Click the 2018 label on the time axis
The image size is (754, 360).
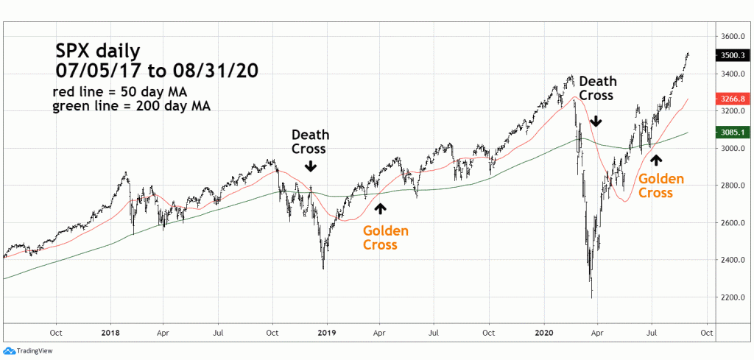(x=109, y=332)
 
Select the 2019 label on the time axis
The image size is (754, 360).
(x=326, y=332)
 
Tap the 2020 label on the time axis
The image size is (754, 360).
(x=543, y=332)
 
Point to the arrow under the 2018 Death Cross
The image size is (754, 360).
(x=311, y=167)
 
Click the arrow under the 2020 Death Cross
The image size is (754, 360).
(x=596, y=119)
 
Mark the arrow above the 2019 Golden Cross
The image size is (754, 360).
(x=380, y=208)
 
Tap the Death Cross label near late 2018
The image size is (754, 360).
(x=311, y=141)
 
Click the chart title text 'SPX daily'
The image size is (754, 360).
(x=98, y=51)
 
